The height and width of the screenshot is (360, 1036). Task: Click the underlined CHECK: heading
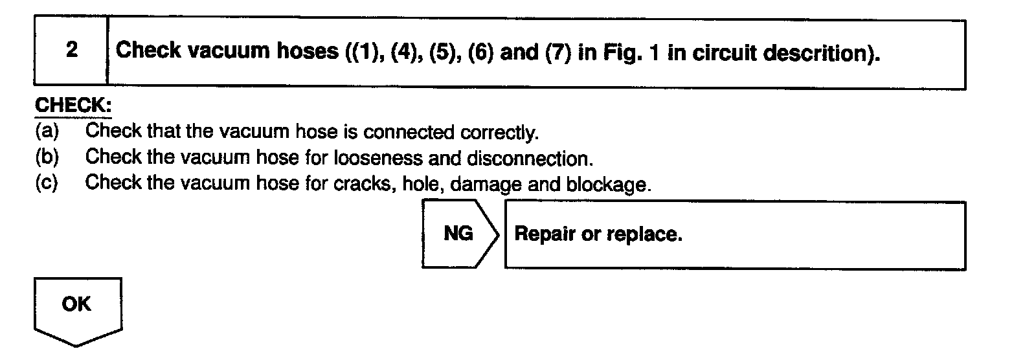[73, 106]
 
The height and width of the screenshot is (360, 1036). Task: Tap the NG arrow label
[458, 234]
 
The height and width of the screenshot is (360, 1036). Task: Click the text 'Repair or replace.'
[598, 234]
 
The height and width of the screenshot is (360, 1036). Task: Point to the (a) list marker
[47, 131]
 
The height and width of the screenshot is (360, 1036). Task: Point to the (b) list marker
[47, 157]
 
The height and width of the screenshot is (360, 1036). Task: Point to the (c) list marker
[47, 183]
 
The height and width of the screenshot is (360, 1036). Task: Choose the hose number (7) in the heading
[557, 52]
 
